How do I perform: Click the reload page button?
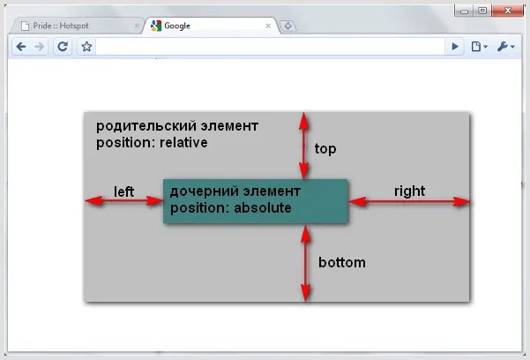63,47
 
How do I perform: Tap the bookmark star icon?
86,47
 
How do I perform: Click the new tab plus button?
288,26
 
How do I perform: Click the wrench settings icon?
505,47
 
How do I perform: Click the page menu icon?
479,47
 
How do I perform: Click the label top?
325,149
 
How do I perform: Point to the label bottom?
341,262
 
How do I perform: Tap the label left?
123,191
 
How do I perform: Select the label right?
409,191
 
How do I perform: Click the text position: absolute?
230,208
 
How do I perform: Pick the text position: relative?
152,142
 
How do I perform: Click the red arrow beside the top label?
304,146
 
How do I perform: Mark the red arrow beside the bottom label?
305,263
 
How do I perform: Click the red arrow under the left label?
123,201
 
